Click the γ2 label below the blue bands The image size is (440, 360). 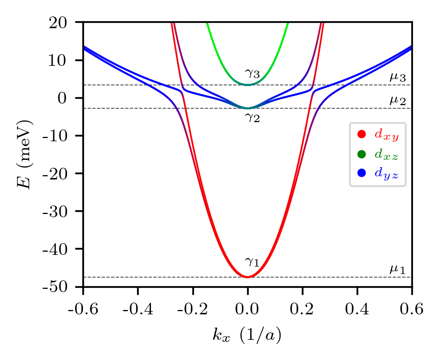pyautogui.click(x=252, y=117)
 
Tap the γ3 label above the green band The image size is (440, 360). pyautogui.click(x=252, y=74)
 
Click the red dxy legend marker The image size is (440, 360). pyautogui.click(x=362, y=135)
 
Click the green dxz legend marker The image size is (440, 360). pyautogui.click(x=362, y=154)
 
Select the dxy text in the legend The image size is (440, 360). pyautogui.click(x=386, y=135)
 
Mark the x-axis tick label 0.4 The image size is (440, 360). pyautogui.click(x=357, y=309)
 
